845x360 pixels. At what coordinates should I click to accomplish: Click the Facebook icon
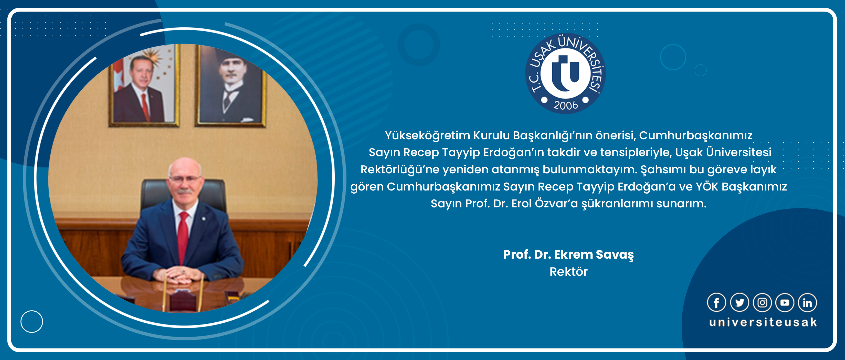tap(716, 302)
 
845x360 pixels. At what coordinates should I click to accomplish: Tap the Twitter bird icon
tap(740, 302)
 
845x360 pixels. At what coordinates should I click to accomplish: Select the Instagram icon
tap(762, 302)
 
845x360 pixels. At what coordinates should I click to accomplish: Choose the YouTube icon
tap(785, 302)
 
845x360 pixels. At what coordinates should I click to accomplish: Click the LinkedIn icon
tap(807, 302)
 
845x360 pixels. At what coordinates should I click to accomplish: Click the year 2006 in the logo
tap(566, 105)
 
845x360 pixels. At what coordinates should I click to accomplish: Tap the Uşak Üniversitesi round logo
tap(566, 73)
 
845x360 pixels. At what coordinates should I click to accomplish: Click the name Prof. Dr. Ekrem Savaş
tap(568, 255)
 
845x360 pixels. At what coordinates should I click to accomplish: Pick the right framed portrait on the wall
tap(231, 86)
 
